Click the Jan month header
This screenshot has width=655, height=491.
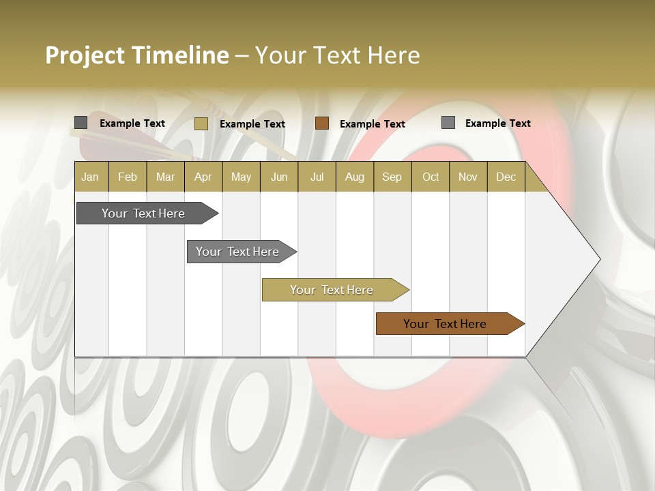pyautogui.click(x=90, y=177)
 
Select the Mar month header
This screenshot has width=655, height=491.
pyautogui.click(x=165, y=177)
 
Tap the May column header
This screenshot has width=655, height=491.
pyautogui.click(x=241, y=177)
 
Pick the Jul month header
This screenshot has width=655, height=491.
pyautogui.click(x=317, y=177)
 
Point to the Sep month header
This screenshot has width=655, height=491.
pyautogui.click(x=392, y=177)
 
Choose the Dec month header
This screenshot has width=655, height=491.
pyautogui.click(x=506, y=177)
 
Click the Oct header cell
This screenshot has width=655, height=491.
pyautogui.click(x=431, y=177)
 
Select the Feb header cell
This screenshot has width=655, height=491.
pyautogui.click(x=128, y=177)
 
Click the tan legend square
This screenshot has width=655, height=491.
pyautogui.click(x=201, y=123)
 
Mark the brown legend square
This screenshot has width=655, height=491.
pyautogui.click(x=322, y=123)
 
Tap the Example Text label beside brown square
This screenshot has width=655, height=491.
pyautogui.click(x=372, y=124)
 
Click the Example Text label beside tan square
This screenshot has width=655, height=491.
pyautogui.click(x=252, y=124)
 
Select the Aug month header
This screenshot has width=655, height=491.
pyautogui.click(x=354, y=177)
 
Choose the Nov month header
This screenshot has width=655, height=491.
pyautogui.click(x=467, y=177)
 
